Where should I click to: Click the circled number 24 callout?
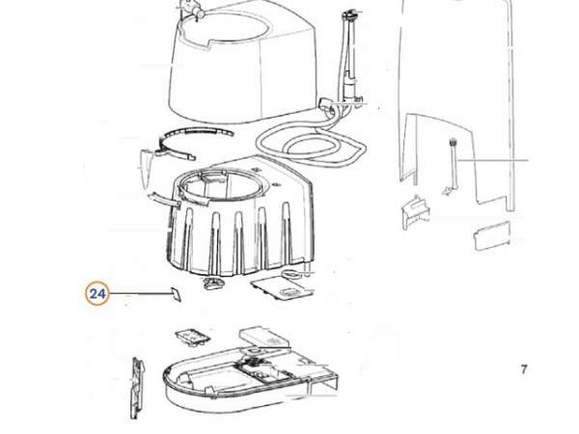tap(97, 294)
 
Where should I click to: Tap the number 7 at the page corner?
tap(524, 369)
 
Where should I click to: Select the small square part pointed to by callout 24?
tap(176, 294)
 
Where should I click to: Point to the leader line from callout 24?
tap(140, 294)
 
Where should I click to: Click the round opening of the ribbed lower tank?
tap(221, 185)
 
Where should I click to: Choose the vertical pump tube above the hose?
tap(349, 55)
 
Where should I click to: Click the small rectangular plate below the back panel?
tap(492, 235)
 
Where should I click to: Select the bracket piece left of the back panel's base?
tap(415, 212)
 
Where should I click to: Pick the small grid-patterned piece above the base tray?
tap(192, 338)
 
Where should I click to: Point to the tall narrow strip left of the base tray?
tap(137, 388)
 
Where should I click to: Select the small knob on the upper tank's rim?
tap(200, 14)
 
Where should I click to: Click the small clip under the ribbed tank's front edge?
tap(213, 284)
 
